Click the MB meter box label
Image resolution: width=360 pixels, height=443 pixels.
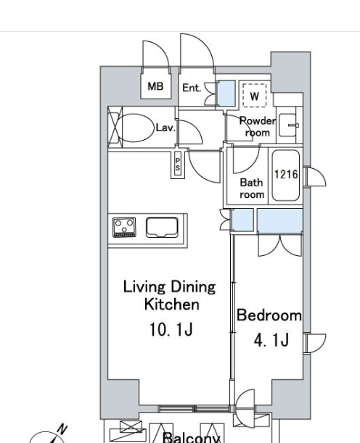point(155,86)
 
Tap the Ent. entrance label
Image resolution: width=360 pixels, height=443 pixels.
point(192,88)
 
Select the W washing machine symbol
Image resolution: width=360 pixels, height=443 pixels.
point(255,96)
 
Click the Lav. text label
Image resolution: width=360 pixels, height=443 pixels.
point(165,128)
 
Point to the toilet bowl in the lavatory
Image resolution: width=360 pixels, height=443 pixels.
point(135,128)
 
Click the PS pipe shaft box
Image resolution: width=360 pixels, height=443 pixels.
point(178,165)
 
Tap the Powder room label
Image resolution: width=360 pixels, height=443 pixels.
point(258,127)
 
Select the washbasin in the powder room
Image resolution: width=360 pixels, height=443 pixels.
point(288,125)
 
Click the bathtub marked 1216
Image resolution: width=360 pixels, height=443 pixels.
point(286,175)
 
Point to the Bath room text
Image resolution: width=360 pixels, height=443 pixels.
point(252,189)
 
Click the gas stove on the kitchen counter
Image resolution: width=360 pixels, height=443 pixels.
point(124,227)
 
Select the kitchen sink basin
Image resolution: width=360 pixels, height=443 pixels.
point(162,227)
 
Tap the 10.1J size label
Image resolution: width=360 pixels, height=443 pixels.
point(171,329)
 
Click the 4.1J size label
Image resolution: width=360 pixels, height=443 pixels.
point(271,339)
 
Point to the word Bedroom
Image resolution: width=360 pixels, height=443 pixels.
point(269,315)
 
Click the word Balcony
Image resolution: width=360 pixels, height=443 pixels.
point(192,438)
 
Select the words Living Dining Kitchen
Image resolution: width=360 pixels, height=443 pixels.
point(169,296)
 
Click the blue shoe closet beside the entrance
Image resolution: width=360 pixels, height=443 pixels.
point(226,94)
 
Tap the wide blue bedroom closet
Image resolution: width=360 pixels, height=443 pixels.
point(279,221)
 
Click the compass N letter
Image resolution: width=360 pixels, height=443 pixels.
point(62,429)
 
